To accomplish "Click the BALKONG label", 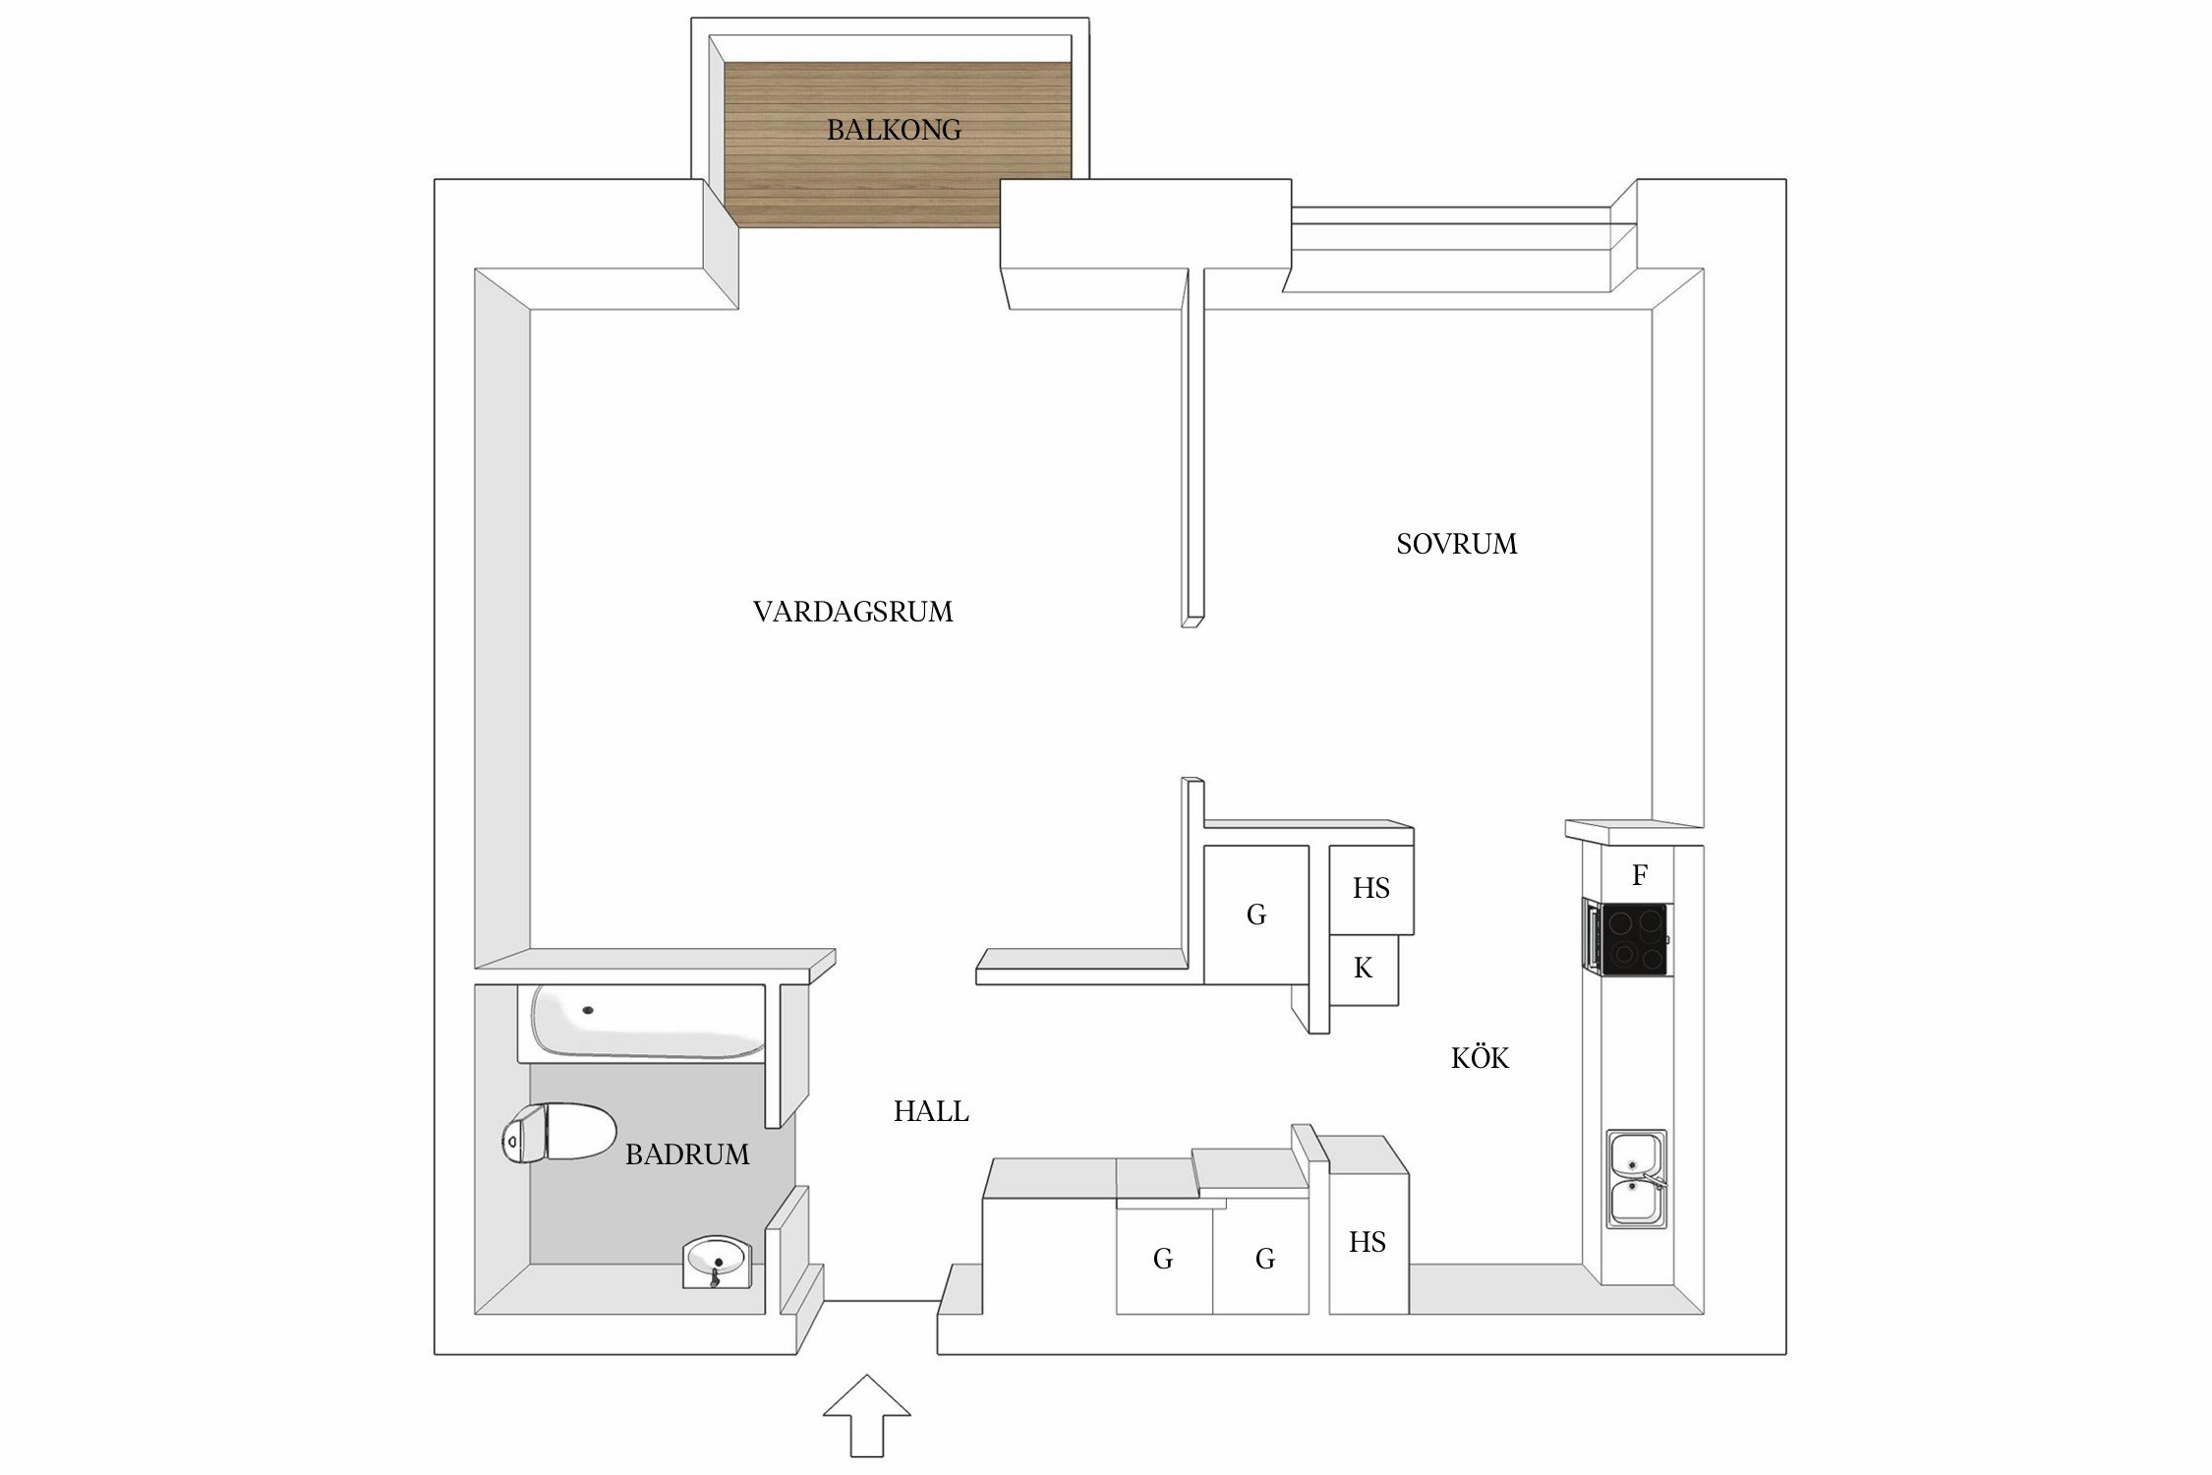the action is coord(894,130).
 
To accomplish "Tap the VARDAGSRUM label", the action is coord(852,612).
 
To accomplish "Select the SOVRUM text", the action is coord(1456,544).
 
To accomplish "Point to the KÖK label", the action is coord(1480,1057).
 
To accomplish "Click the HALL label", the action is coord(931,1111).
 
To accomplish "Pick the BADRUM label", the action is coord(687,1154).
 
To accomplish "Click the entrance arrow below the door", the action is coord(866,1416).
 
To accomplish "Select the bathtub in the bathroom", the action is coord(649,1022).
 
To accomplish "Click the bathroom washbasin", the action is coord(718,1262).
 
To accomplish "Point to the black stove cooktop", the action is coord(1634,939).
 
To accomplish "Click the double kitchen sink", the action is coord(1636,1179).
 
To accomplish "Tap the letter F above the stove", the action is coord(1639,875).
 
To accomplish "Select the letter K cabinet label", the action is coord(1363,969).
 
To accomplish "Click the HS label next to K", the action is coord(1370,889).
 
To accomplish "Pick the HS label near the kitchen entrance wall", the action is coord(1367,1243).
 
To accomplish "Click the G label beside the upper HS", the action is coord(1255,914).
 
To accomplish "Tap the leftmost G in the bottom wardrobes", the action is coord(1163,1259).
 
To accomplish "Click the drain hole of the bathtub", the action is coord(588,1010).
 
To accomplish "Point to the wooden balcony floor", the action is coord(897,145).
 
